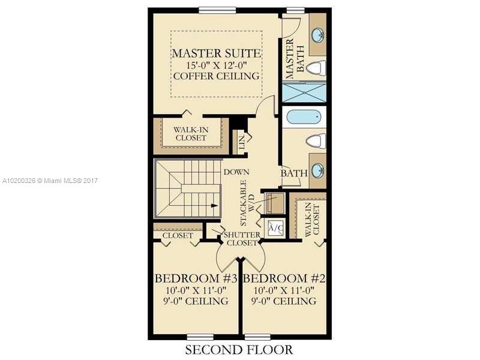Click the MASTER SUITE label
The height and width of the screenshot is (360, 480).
(x=216, y=53)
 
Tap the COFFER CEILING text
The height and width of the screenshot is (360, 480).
(x=216, y=76)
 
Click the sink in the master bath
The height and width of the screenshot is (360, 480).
(x=317, y=34)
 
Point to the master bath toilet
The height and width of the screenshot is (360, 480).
(x=315, y=68)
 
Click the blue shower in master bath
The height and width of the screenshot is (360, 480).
(x=304, y=92)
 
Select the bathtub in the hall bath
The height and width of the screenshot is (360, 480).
(x=305, y=116)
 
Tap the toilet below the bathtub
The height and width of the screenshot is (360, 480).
(x=315, y=141)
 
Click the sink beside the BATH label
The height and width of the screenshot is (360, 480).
(x=317, y=170)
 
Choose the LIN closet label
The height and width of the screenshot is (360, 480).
(x=241, y=142)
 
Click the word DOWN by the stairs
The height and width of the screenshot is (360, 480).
(x=236, y=172)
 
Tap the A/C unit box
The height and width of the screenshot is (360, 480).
(x=275, y=228)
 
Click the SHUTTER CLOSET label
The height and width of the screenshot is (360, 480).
(x=242, y=238)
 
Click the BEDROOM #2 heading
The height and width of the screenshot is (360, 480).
(x=284, y=279)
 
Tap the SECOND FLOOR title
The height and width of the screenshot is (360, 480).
(x=239, y=349)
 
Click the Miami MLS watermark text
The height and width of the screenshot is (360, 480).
(x=50, y=181)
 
